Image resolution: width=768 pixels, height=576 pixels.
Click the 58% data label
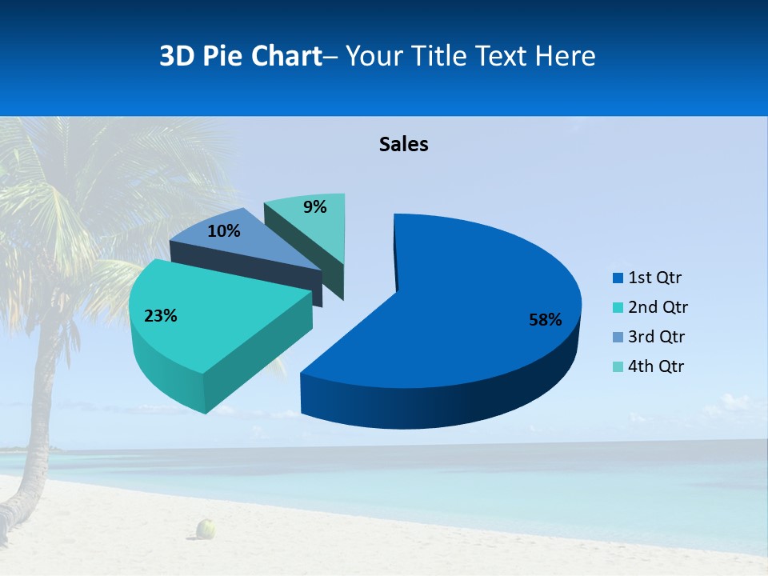(x=545, y=320)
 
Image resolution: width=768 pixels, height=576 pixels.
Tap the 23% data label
(x=160, y=316)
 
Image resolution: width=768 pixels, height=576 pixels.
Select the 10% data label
(x=223, y=232)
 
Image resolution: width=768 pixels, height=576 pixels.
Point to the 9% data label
(x=315, y=207)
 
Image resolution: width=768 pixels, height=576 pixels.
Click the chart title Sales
(x=404, y=144)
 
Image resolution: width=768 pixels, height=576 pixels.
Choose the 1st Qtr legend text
(x=655, y=278)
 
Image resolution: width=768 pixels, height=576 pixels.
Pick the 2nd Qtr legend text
(x=658, y=307)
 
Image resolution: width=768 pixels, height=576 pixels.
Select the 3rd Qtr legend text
(x=658, y=337)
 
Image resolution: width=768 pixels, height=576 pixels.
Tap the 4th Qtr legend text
(x=657, y=366)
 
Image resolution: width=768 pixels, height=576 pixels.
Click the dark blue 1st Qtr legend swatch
(x=618, y=278)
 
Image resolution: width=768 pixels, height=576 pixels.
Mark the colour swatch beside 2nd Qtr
(x=618, y=308)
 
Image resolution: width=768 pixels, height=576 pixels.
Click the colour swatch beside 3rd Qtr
(x=618, y=338)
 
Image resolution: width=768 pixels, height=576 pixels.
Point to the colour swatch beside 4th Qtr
(x=618, y=367)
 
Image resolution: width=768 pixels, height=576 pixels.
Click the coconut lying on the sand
(x=207, y=528)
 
